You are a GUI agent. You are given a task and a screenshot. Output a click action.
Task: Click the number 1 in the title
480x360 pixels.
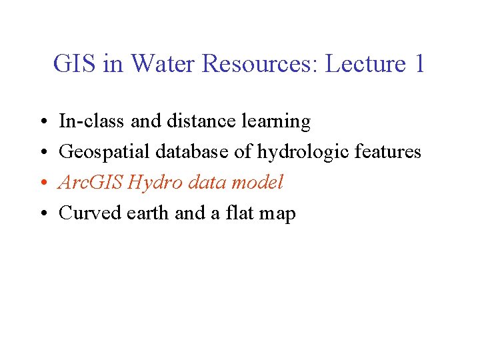(419, 64)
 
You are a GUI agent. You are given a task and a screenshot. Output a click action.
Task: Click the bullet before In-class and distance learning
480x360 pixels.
(41, 122)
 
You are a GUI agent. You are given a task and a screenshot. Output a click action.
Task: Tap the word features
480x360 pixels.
(388, 151)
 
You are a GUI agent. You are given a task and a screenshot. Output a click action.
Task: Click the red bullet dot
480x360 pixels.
(41, 183)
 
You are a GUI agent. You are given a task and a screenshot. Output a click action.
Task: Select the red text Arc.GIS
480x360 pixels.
(90, 182)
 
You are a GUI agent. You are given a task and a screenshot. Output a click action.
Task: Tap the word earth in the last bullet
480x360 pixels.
(147, 213)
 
